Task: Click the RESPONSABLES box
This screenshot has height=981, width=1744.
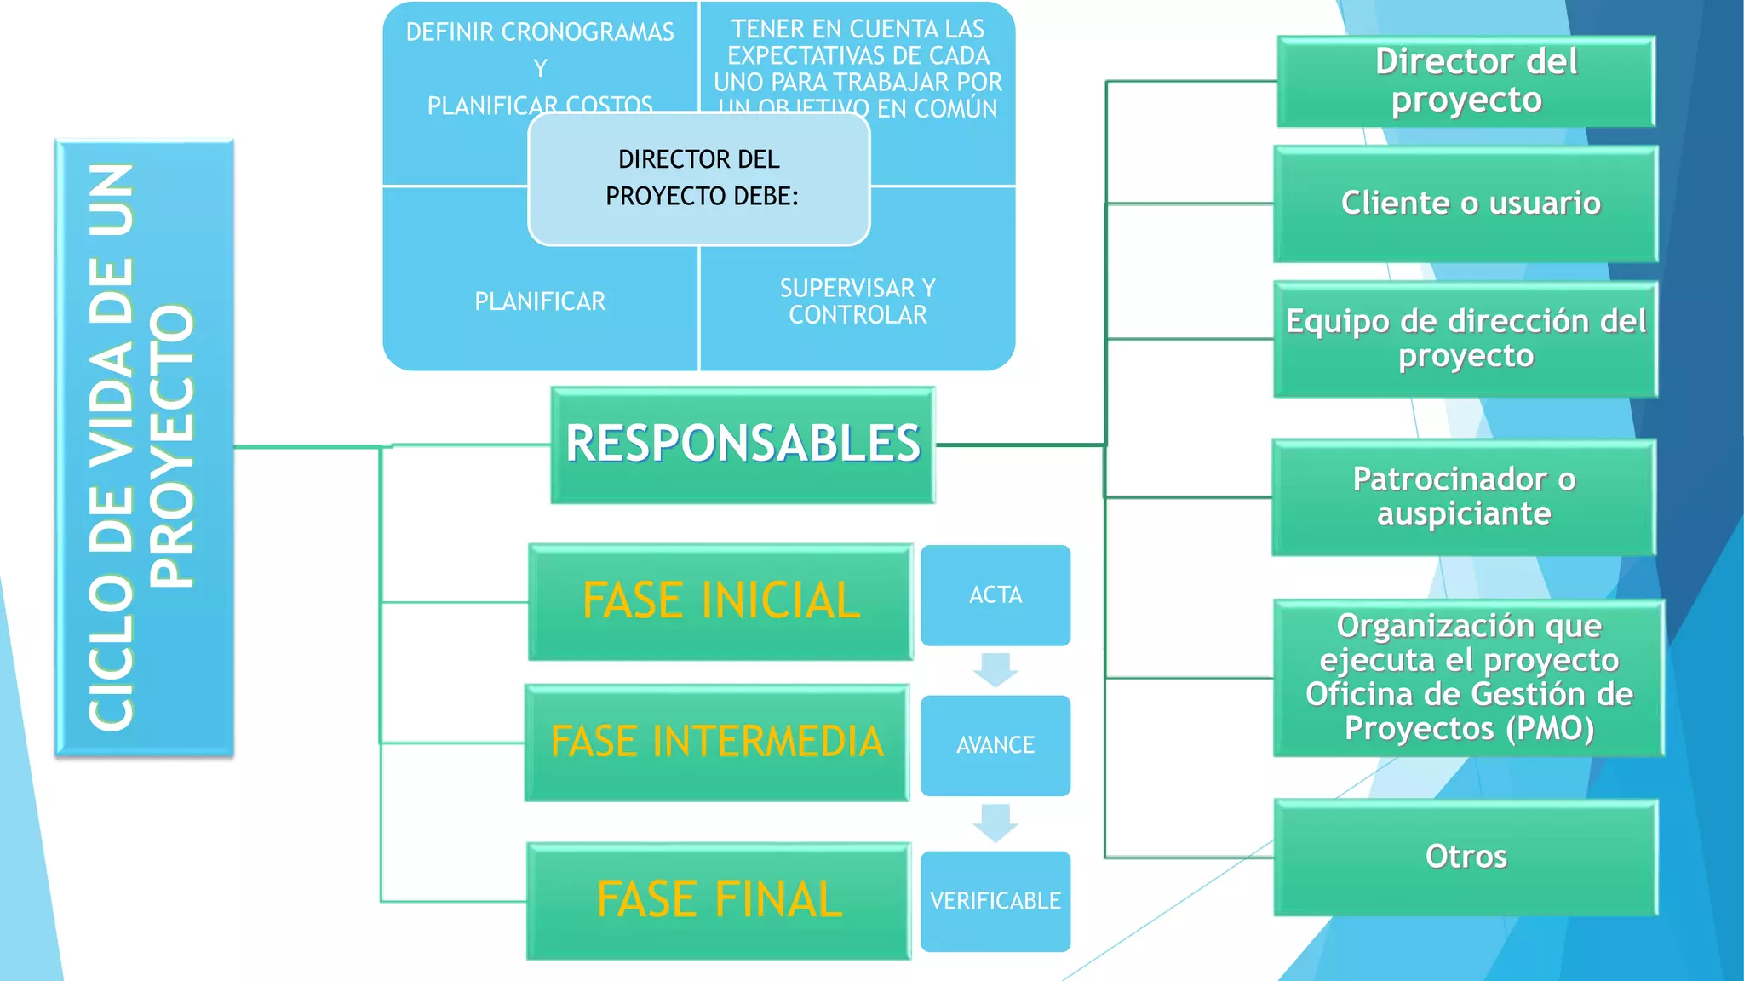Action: [x=743, y=445]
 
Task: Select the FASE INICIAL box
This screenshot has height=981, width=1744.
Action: [x=720, y=602]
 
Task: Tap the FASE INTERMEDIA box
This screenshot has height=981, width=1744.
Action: [x=717, y=743]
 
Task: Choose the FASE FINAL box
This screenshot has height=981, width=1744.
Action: [x=719, y=901]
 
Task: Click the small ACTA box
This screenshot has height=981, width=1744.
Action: [x=995, y=595]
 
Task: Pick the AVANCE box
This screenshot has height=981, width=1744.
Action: [x=995, y=746]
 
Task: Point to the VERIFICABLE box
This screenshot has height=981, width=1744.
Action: [x=995, y=901]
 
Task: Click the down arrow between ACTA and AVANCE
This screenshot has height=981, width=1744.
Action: [x=995, y=669]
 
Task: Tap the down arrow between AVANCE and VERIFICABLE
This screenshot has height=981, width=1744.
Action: [x=995, y=822]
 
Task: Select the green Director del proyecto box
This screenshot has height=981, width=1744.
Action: [x=1466, y=82]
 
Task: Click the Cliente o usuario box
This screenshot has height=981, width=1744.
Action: [x=1466, y=204]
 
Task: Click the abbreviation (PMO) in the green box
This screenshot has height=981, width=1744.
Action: [x=1550, y=729]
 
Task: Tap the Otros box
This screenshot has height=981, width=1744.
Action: [x=1466, y=858]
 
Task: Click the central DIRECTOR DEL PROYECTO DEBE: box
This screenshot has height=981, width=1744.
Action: [x=699, y=179]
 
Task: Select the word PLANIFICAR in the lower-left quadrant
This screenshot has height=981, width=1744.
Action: [x=540, y=301]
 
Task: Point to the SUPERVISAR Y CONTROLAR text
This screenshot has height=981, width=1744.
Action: [x=858, y=301]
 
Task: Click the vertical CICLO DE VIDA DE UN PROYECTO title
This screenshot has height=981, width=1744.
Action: [x=143, y=447]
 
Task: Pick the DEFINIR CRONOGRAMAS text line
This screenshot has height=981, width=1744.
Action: [x=540, y=32]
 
